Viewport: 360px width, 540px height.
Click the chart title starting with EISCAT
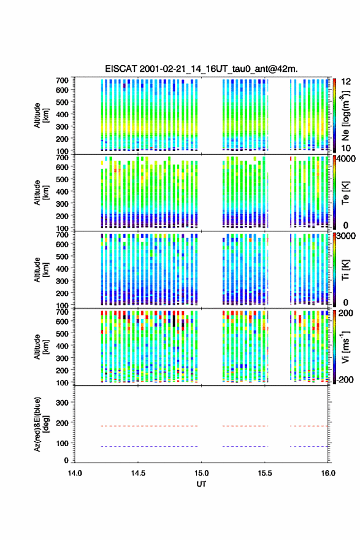point(201,69)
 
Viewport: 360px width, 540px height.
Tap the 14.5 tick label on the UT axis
point(138,473)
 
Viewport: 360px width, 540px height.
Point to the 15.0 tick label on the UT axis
point(201,473)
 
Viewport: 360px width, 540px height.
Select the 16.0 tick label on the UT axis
point(328,473)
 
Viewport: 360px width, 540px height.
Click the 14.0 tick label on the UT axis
point(75,473)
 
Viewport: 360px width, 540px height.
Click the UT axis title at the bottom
point(201,484)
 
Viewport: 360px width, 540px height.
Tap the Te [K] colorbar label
point(345,193)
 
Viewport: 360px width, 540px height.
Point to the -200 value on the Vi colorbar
point(345,379)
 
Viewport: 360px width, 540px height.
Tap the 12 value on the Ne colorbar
point(347,82)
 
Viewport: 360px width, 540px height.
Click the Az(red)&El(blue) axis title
point(42,424)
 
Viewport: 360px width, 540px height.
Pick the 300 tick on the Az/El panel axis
point(62,403)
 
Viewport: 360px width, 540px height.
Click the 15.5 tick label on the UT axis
point(265,473)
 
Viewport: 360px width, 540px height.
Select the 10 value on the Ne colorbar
point(346,148)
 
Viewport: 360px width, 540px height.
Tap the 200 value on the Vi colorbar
point(346,313)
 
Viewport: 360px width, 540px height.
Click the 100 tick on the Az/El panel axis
point(62,443)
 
